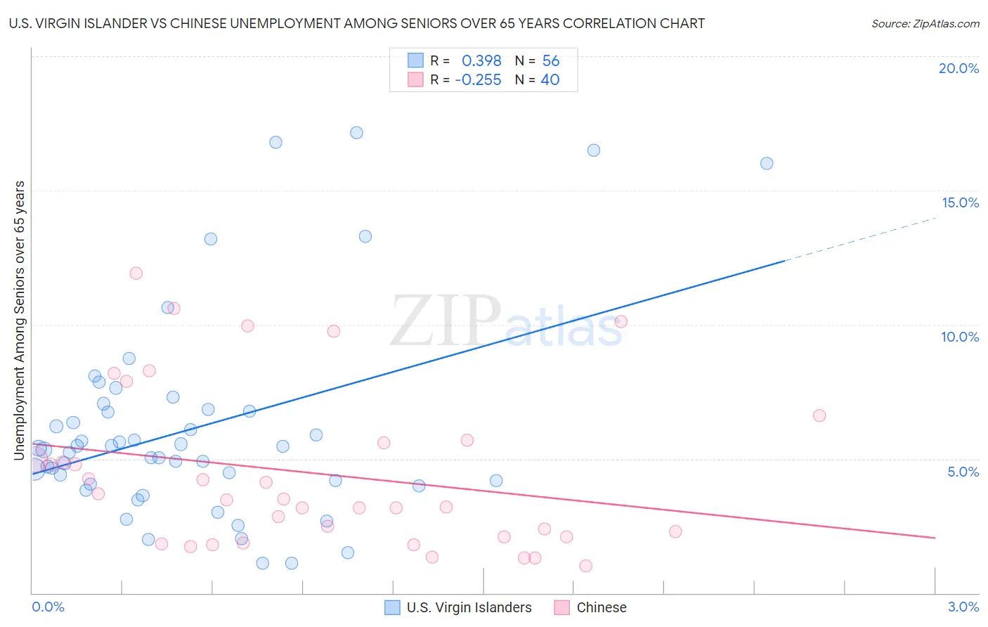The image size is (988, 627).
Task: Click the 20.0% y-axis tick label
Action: (958, 68)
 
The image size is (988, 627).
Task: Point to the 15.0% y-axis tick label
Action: (960, 202)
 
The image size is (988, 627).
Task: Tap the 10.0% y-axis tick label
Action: (960, 337)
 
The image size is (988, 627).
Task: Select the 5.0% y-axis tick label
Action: (963, 472)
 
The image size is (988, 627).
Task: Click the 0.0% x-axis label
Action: (48, 607)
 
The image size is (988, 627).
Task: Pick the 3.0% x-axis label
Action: (963, 607)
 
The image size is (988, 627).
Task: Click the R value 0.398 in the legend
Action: (481, 60)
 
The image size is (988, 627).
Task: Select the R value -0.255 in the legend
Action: (478, 79)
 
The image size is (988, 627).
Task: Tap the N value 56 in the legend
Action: (551, 60)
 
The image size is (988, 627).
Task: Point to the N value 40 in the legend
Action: (550, 79)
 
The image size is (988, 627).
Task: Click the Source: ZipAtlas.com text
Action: (925, 23)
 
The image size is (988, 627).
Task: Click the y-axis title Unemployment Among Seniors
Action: (20, 321)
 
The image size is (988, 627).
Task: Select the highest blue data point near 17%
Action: (356, 133)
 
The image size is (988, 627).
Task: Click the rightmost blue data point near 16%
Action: (767, 163)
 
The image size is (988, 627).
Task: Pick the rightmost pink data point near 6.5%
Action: (819, 415)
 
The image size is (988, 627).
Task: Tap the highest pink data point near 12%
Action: (136, 273)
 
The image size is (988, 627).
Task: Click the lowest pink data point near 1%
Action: (585, 566)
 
